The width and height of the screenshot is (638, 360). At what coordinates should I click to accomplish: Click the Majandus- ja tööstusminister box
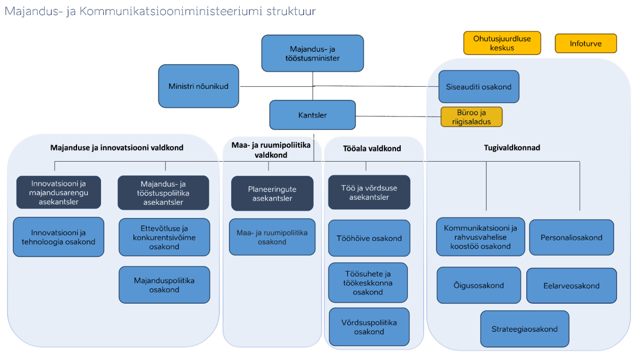[x=313, y=53]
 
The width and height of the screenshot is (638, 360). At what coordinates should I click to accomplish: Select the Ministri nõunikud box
[x=198, y=86]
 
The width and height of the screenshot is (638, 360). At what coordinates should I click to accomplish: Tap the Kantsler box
[x=313, y=115]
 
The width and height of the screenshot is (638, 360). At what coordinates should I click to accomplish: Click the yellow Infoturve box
[x=585, y=44]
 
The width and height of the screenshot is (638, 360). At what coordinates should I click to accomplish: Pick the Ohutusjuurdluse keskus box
[x=502, y=43]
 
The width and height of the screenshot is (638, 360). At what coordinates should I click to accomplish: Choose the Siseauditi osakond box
[x=479, y=87]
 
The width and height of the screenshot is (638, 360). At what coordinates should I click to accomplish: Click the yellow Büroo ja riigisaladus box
[x=472, y=117]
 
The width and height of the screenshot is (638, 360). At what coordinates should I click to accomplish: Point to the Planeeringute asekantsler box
[x=272, y=194]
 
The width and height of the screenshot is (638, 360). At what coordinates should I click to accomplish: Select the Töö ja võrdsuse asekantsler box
[x=369, y=192]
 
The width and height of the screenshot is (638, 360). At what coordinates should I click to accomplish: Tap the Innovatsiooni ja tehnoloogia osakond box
[x=58, y=237]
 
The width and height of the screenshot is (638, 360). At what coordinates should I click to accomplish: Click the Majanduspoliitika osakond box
[x=164, y=285]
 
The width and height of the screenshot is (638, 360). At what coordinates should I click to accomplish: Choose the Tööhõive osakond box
[x=369, y=238]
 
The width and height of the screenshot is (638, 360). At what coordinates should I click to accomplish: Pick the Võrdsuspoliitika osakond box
[x=369, y=327]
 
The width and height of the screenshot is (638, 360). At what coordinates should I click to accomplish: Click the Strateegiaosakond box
[x=525, y=329]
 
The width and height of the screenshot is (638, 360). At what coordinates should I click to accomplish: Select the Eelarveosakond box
[x=572, y=286]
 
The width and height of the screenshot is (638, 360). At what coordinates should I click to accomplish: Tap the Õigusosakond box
[x=479, y=285]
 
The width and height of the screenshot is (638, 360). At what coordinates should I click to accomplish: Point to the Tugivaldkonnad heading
[x=512, y=147]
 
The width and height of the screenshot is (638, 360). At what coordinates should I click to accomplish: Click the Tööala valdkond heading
[x=372, y=148]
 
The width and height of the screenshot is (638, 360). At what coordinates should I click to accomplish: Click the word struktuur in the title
[x=291, y=11]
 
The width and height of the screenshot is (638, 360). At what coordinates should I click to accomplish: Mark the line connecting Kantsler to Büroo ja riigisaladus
[x=398, y=116]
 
